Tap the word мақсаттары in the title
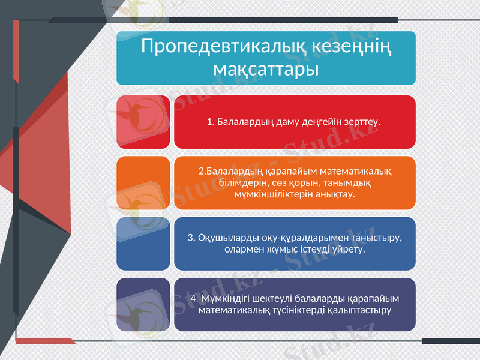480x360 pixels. [x=266, y=68]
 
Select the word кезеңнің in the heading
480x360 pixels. [x=352, y=46]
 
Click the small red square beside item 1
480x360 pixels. [x=143, y=122]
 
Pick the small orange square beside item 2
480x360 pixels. [x=143, y=183]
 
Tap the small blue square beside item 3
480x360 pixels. [x=143, y=243]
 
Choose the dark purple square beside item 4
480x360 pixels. [x=143, y=304]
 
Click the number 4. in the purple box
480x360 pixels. [x=194, y=299]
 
